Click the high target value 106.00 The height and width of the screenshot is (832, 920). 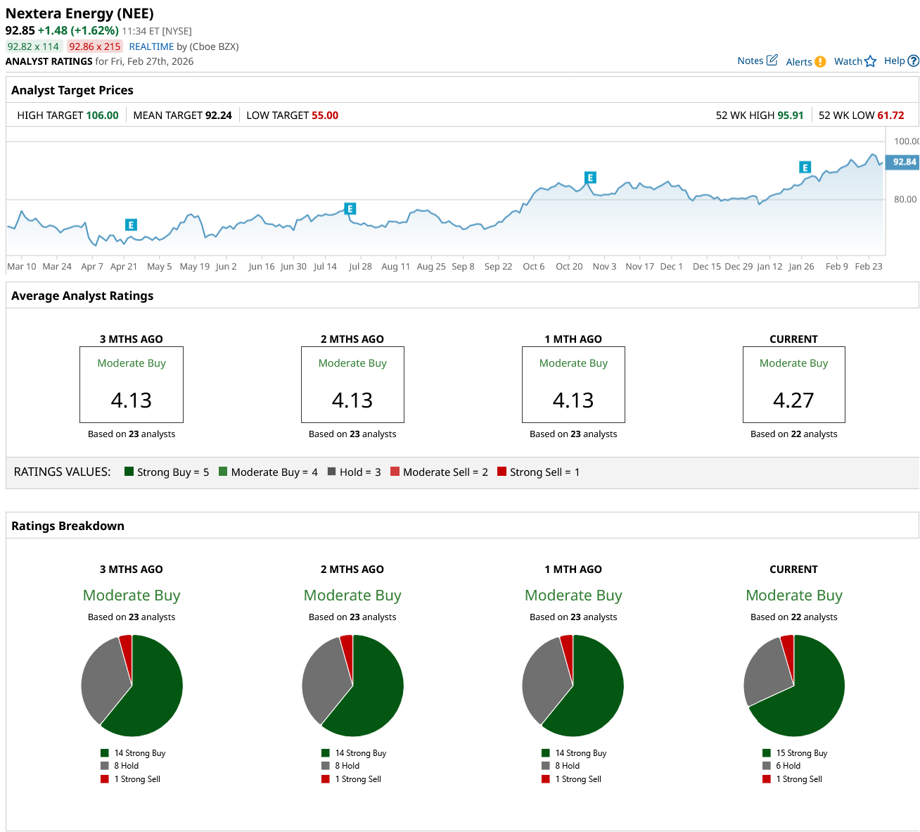[102, 115]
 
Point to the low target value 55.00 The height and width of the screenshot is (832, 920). [325, 115]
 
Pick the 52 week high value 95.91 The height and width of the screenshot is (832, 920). [790, 115]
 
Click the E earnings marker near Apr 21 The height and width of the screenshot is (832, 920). [131, 225]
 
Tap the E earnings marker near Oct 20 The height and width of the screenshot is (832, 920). [590, 177]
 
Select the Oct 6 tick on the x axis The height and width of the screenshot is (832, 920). [534, 266]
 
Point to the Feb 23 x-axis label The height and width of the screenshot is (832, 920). [868, 266]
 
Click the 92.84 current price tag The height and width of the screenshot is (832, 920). [903, 162]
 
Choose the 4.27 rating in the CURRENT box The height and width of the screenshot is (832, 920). [793, 401]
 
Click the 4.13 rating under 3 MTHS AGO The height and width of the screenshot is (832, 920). [132, 401]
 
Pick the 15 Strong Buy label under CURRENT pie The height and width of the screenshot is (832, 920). [801, 753]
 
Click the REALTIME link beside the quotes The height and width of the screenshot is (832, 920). [151, 46]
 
